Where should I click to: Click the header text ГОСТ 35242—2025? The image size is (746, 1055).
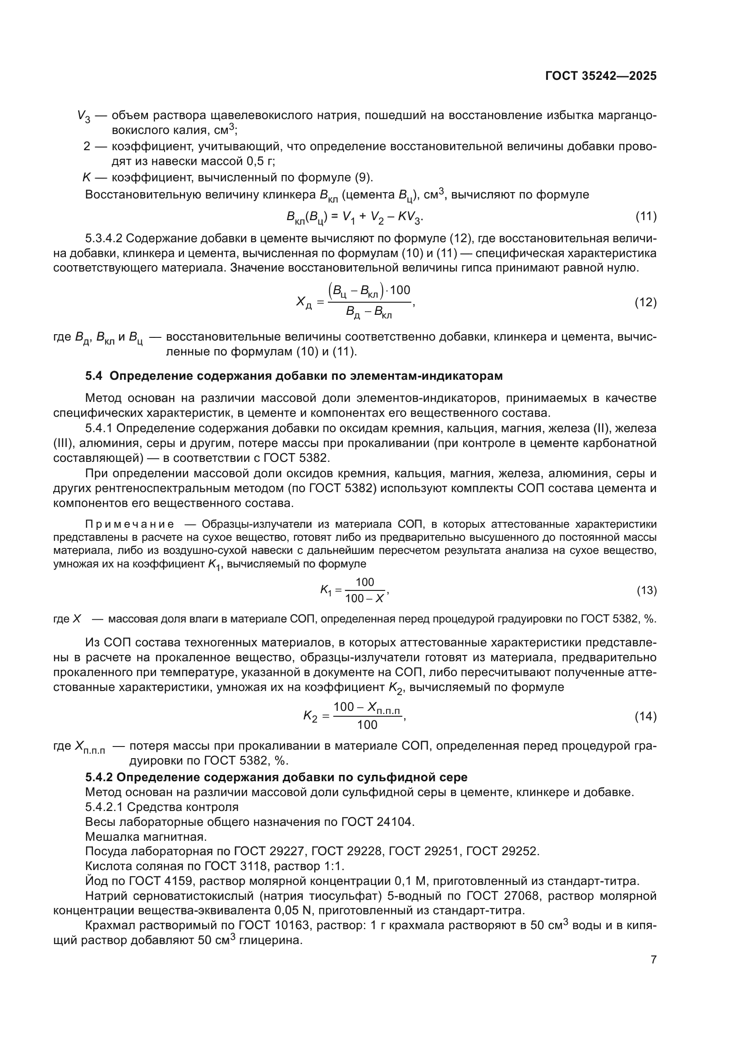click(601, 76)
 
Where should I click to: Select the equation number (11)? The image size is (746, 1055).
click(646, 217)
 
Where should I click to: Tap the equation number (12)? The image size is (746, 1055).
click(645, 302)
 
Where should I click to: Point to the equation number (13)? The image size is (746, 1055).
click(646, 590)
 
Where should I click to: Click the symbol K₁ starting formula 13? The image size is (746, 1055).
click(326, 590)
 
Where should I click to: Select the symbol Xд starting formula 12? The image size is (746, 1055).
click(304, 302)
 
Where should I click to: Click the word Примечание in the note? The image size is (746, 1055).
click(130, 524)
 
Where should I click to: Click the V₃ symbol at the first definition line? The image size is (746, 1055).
click(83, 116)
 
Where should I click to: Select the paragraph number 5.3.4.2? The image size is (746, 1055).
click(104, 239)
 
